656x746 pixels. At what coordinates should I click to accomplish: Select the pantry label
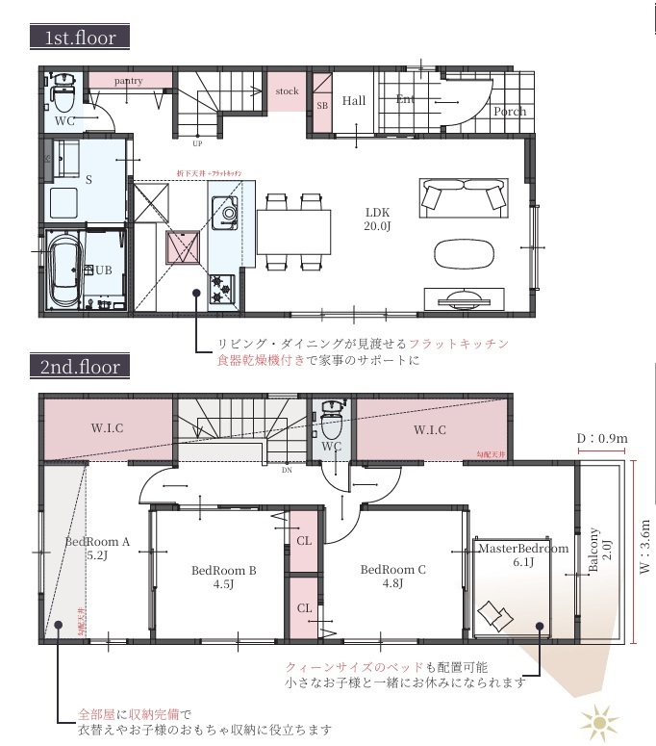[x=128, y=82]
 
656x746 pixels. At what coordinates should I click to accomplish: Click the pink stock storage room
[x=287, y=92]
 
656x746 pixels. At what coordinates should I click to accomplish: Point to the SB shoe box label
[x=321, y=105]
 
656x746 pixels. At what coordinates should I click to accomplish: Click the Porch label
[x=510, y=112]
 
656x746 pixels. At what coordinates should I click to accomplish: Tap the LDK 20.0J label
[x=377, y=219]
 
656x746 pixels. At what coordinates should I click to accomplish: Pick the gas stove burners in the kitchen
[x=220, y=286]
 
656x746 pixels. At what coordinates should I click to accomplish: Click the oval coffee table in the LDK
[x=467, y=254]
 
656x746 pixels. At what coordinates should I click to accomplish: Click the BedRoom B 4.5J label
[x=223, y=578]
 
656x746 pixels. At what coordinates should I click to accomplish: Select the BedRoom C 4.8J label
[x=393, y=576]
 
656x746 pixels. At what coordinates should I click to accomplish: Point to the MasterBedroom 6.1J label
[x=523, y=556]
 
